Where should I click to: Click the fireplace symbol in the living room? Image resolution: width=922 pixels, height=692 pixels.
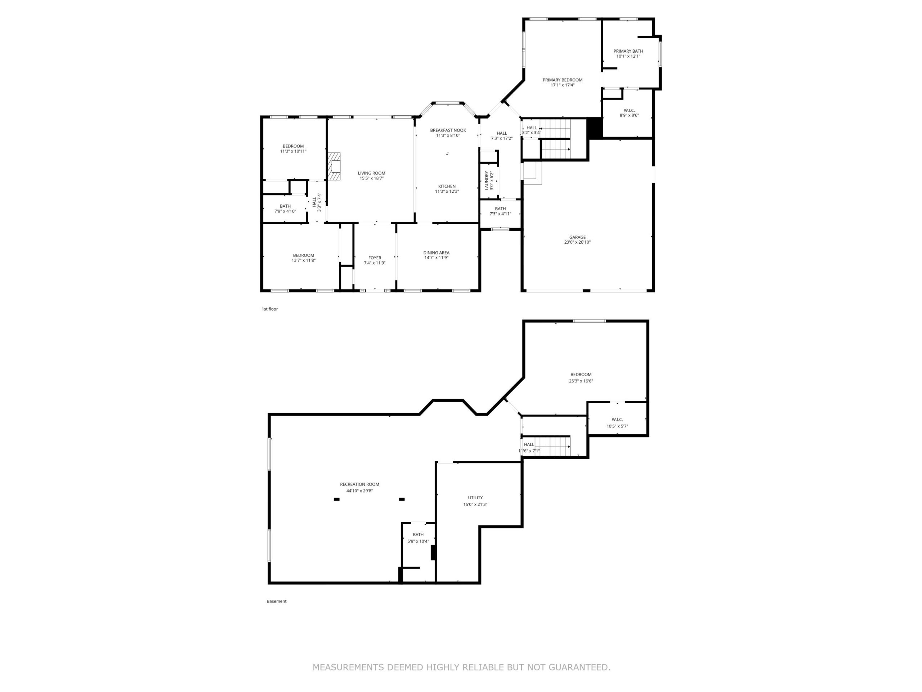[x=334, y=166]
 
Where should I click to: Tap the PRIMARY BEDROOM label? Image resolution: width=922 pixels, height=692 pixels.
[x=562, y=80]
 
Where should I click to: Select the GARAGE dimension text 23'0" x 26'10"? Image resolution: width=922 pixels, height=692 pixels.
[x=577, y=242]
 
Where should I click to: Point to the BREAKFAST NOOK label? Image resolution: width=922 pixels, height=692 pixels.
[x=448, y=130]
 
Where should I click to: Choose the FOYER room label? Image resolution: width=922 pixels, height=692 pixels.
[x=375, y=258]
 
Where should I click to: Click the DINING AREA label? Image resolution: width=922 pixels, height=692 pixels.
[x=437, y=253]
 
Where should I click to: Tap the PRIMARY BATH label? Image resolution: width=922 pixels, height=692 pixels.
[x=628, y=51]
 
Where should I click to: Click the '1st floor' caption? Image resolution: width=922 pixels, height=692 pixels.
[x=270, y=309]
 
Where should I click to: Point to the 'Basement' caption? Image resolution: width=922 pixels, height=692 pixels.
[x=276, y=601]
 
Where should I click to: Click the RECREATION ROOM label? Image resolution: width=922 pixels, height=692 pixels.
[x=359, y=484]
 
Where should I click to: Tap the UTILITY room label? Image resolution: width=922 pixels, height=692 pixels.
[x=475, y=498]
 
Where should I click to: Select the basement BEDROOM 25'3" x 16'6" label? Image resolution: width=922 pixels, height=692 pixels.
[x=581, y=377]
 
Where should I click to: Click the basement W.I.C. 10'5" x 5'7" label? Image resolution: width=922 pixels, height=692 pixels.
[x=617, y=422]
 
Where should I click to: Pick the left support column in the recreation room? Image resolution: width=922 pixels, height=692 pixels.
[x=336, y=499]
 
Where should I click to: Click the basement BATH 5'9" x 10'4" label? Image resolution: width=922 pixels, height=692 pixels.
[x=418, y=538]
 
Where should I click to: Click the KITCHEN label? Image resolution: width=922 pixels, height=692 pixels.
[x=447, y=186]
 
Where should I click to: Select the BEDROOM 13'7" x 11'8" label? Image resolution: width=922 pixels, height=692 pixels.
[x=304, y=258]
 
